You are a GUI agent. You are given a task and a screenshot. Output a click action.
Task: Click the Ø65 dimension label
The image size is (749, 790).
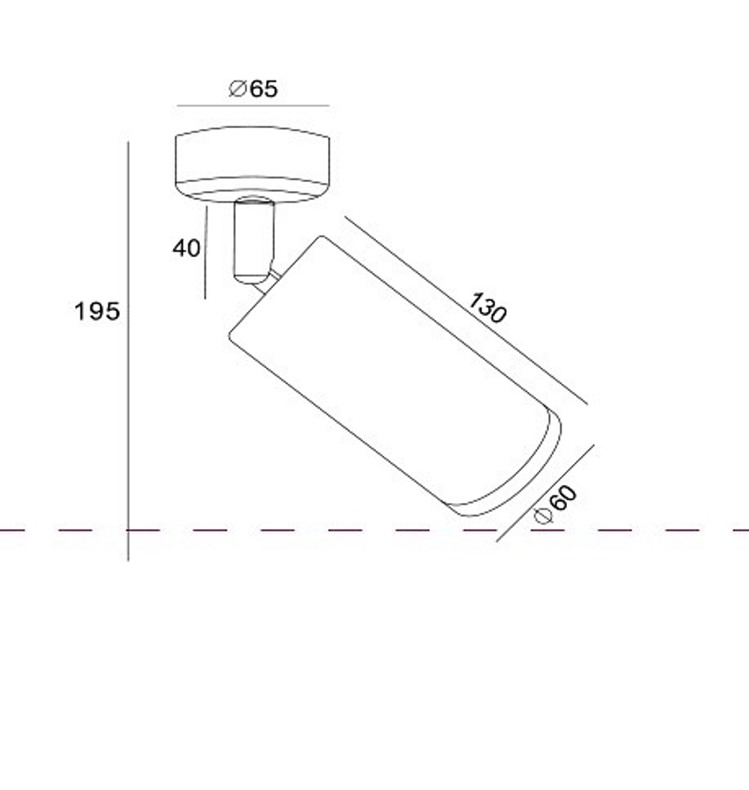tap(253, 88)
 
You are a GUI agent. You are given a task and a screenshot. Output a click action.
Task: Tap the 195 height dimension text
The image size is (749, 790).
tap(97, 311)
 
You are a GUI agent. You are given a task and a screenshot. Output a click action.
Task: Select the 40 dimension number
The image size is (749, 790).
tap(187, 248)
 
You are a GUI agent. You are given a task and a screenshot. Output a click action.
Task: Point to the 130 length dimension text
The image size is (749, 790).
tap(488, 307)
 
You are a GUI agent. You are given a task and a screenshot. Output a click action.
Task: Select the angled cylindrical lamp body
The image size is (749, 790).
tap(395, 376)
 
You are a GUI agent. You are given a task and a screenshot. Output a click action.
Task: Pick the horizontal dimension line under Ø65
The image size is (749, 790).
tap(253, 106)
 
